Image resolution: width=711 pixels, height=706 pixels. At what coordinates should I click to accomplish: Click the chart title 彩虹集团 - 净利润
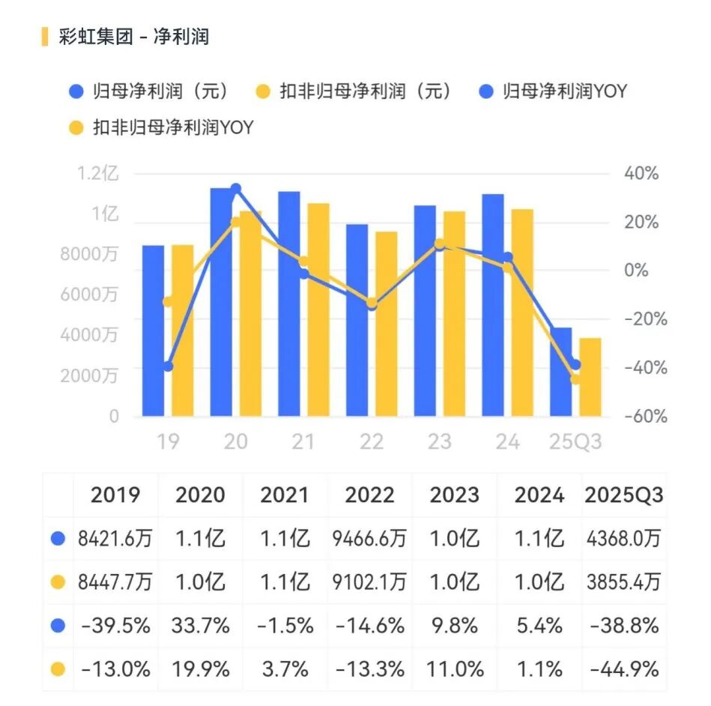pyautogui.click(x=133, y=36)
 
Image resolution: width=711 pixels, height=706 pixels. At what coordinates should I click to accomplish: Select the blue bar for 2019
pyautogui.click(x=153, y=330)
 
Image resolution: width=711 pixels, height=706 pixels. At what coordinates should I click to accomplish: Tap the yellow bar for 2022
pyautogui.click(x=386, y=324)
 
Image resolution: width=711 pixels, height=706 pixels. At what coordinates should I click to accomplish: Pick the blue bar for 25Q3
pyautogui.click(x=560, y=372)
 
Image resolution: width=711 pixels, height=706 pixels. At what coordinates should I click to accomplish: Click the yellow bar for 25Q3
pyautogui.click(x=590, y=377)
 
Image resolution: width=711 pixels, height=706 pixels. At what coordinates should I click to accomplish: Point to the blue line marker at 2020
pyautogui.click(x=236, y=188)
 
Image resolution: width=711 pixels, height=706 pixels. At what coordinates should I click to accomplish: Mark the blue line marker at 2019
pyautogui.click(x=168, y=366)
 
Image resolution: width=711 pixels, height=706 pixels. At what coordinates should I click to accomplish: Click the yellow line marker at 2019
pyautogui.click(x=168, y=302)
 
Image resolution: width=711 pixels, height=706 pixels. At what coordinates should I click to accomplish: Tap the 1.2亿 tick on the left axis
pyautogui.click(x=97, y=175)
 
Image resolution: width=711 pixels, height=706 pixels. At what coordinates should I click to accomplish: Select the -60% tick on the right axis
pyautogui.click(x=646, y=417)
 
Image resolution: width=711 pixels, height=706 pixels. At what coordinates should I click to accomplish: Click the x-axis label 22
pyautogui.click(x=372, y=442)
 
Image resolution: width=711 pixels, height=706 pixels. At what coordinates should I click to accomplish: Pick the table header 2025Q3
pyautogui.click(x=623, y=495)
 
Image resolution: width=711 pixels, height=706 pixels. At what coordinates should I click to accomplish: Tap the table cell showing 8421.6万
pyautogui.click(x=115, y=538)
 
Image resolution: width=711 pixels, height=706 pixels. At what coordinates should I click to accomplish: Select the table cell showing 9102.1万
pyautogui.click(x=370, y=582)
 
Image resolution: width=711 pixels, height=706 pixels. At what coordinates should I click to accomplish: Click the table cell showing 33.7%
pyautogui.click(x=200, y=624)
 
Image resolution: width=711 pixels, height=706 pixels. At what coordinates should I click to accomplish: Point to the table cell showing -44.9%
pyautogui.click(x=623, y=668)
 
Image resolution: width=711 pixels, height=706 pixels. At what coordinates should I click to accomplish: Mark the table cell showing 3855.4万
pyautogui.click(x=623, y=582)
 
